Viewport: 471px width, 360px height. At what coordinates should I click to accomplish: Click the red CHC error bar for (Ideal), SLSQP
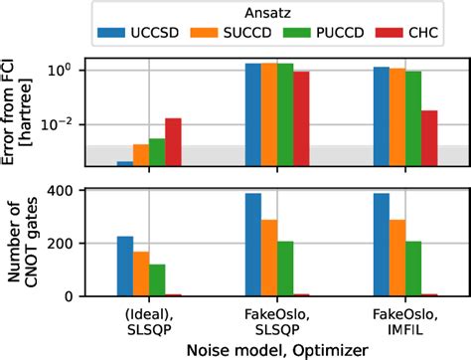click(x=173, y=141)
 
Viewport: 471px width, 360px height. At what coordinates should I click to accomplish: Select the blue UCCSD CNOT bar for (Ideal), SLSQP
click(x=125, y=266)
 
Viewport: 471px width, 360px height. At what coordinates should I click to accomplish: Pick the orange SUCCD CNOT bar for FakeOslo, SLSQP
click(x=269, y=258)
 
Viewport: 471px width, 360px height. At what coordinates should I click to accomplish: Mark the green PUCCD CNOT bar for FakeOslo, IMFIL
click(x=412, y=269)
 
